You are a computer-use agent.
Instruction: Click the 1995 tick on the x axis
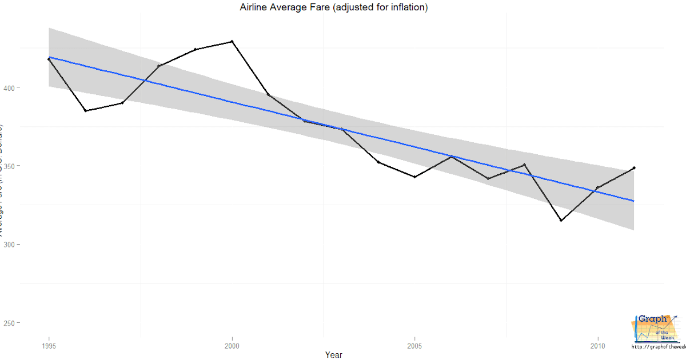(49, 346)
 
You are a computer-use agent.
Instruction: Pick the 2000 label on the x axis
(232, 346)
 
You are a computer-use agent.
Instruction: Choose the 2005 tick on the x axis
(414, 346)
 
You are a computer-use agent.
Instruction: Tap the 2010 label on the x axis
(597, 346)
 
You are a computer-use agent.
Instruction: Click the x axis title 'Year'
(333, 355)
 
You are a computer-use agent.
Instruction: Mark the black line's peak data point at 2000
(232, 42)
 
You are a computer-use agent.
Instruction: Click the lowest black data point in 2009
(561, 221)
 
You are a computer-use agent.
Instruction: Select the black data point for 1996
(86, 110)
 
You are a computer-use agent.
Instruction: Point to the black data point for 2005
(414, 177)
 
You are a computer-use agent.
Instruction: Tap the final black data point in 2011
(634, 168)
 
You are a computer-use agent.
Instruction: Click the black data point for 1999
(196, 50)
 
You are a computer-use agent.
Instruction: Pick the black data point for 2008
(524, 165)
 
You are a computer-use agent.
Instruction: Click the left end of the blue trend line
(50, 57)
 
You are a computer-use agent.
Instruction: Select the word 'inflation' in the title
(406, 7)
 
